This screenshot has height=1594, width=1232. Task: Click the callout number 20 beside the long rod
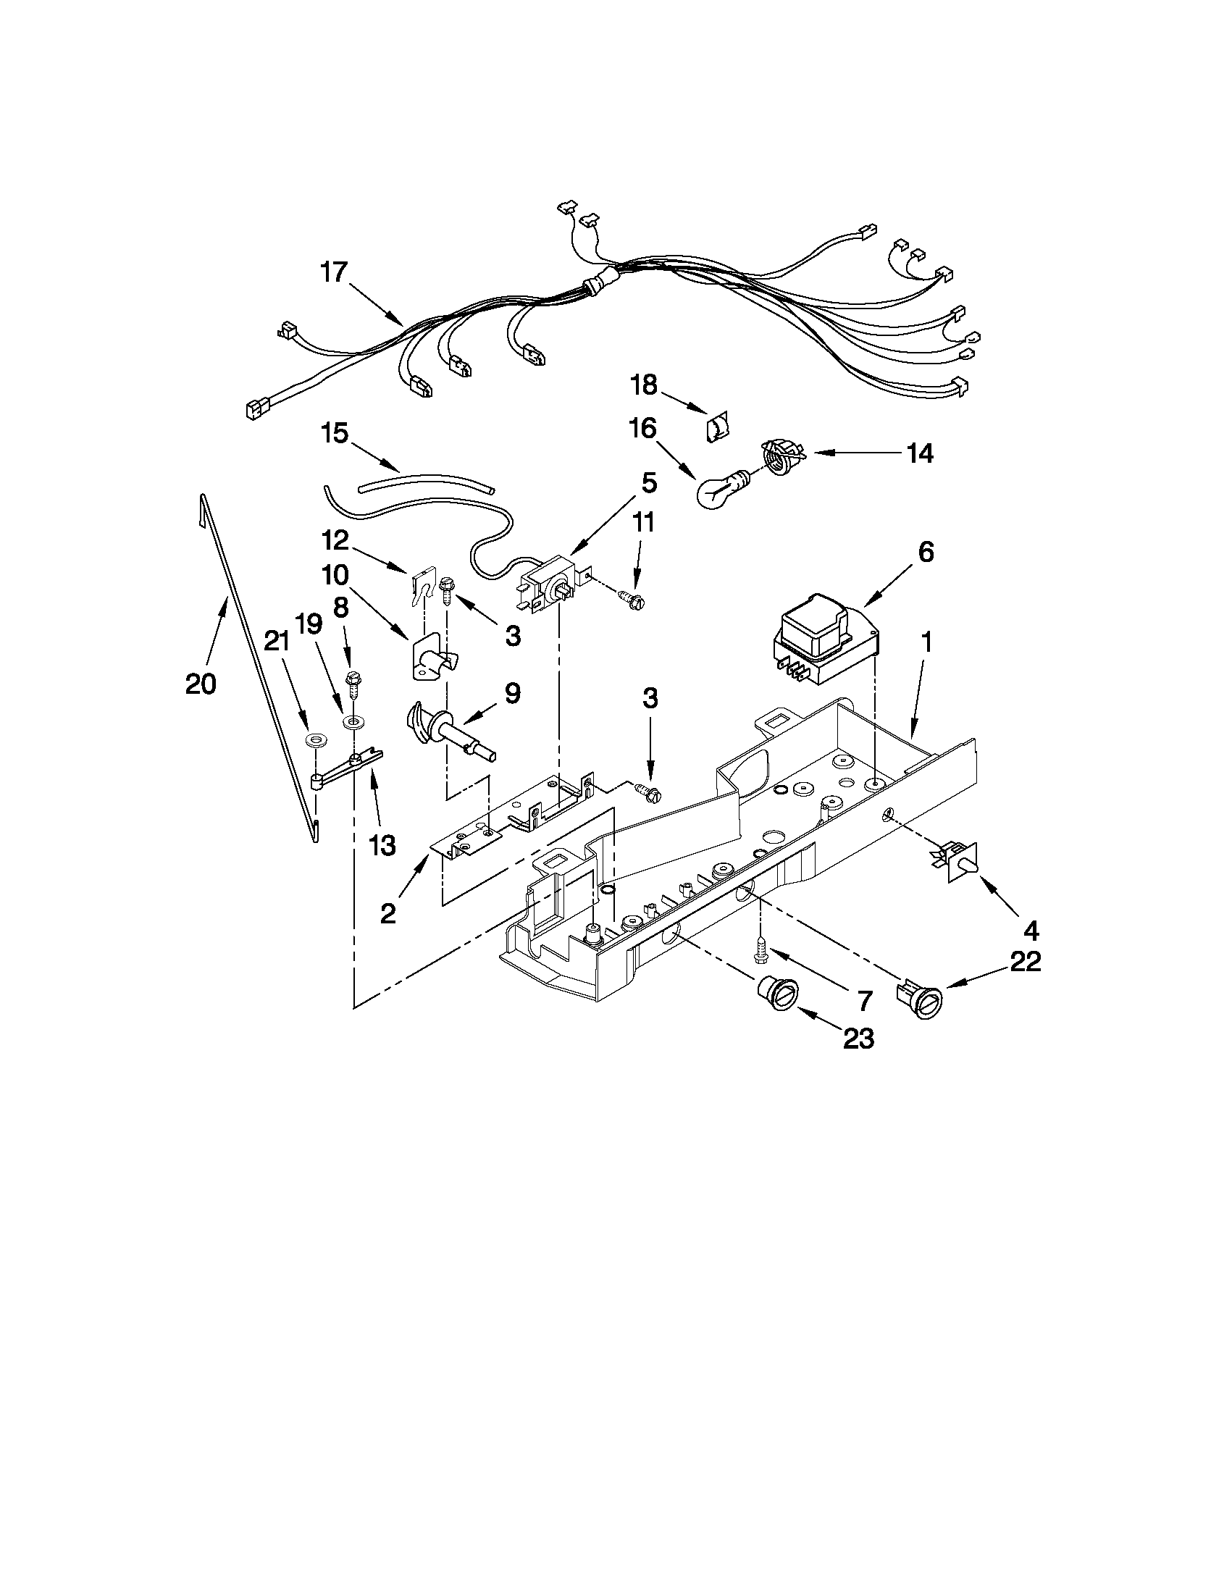pos(201,684)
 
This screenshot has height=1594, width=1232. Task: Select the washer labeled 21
pos(315,741)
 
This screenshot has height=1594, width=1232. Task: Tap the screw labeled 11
pos(629,600)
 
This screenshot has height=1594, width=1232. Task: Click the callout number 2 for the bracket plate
pos(387,913)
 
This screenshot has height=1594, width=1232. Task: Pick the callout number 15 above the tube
pos(335,434)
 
